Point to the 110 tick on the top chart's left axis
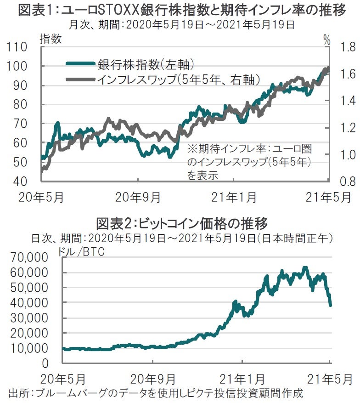click(x=18, y=47)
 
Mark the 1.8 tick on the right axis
click(x=345, y=47)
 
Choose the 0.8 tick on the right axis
click(x=345, y=181)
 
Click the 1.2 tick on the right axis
click(x=345, y=127)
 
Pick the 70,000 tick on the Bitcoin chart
click(x=29, y=257)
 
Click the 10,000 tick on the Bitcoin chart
click(x=29, y=348)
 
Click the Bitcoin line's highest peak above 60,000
click(x=304, y=267)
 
